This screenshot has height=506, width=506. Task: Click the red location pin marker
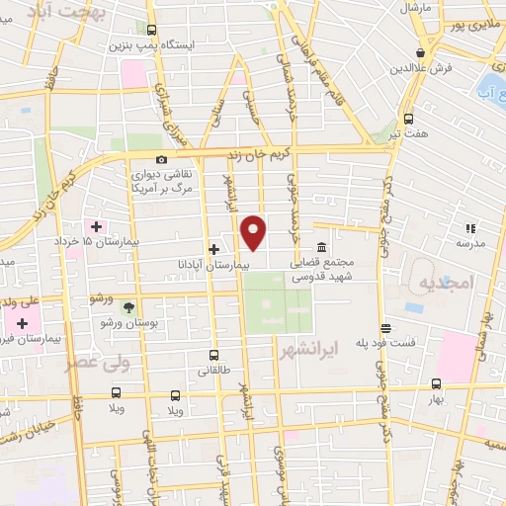[x=254, y=231]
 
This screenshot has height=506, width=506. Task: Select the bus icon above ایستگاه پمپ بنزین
[x=151, y=30]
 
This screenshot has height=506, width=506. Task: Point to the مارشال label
[x=417, y=7]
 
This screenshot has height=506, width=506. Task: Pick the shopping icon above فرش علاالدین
[x=421, y=52]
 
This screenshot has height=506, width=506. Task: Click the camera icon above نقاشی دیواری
[x=161, y=160]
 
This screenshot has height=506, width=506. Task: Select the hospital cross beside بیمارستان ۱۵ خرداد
[x=95, y=226]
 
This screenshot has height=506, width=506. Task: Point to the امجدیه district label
[x=447, y=283]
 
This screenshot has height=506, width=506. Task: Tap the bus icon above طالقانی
[x=213, y=355]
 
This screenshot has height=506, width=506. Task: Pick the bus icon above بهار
[x=436, y=384]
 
